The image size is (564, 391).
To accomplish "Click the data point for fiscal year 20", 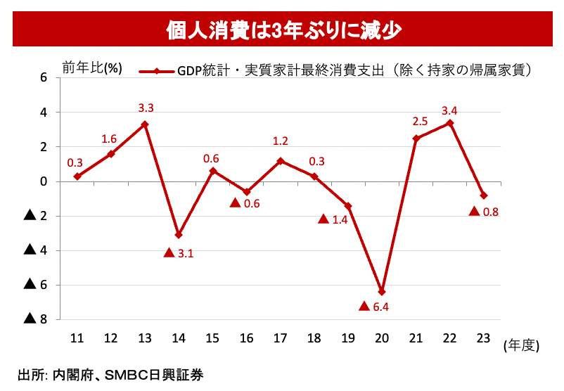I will [x=382, y=292].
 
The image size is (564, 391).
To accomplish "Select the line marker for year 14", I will [x=179, y=234].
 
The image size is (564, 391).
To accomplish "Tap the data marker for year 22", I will [x=450, y=123].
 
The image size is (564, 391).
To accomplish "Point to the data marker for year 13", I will [x=145, y=124].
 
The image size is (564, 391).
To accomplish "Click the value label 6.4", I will [x=382, y=307].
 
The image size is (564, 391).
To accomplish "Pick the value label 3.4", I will [x=449, y=110].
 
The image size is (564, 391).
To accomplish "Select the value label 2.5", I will [x=416, y=122].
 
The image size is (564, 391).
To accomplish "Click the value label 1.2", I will [x=281, y=141].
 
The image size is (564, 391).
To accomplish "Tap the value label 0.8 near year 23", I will [x=491, y=212].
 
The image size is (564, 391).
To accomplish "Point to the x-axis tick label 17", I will [x=280, y=338].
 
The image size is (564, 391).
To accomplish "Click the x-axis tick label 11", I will [x=77, y=338].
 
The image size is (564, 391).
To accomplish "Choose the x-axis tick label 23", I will [x=484, y=338].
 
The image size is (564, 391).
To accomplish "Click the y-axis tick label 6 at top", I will [x=43, y=77].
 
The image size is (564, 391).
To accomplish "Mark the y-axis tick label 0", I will [x=43, y=181].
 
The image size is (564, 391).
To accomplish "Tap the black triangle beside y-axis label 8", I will [x=30, y=319].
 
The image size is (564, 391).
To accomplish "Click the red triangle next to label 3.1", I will [x=169, y=252].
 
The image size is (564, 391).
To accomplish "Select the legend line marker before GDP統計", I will [x=157, y=70].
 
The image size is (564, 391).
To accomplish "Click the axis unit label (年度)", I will [x=521, y=345].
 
